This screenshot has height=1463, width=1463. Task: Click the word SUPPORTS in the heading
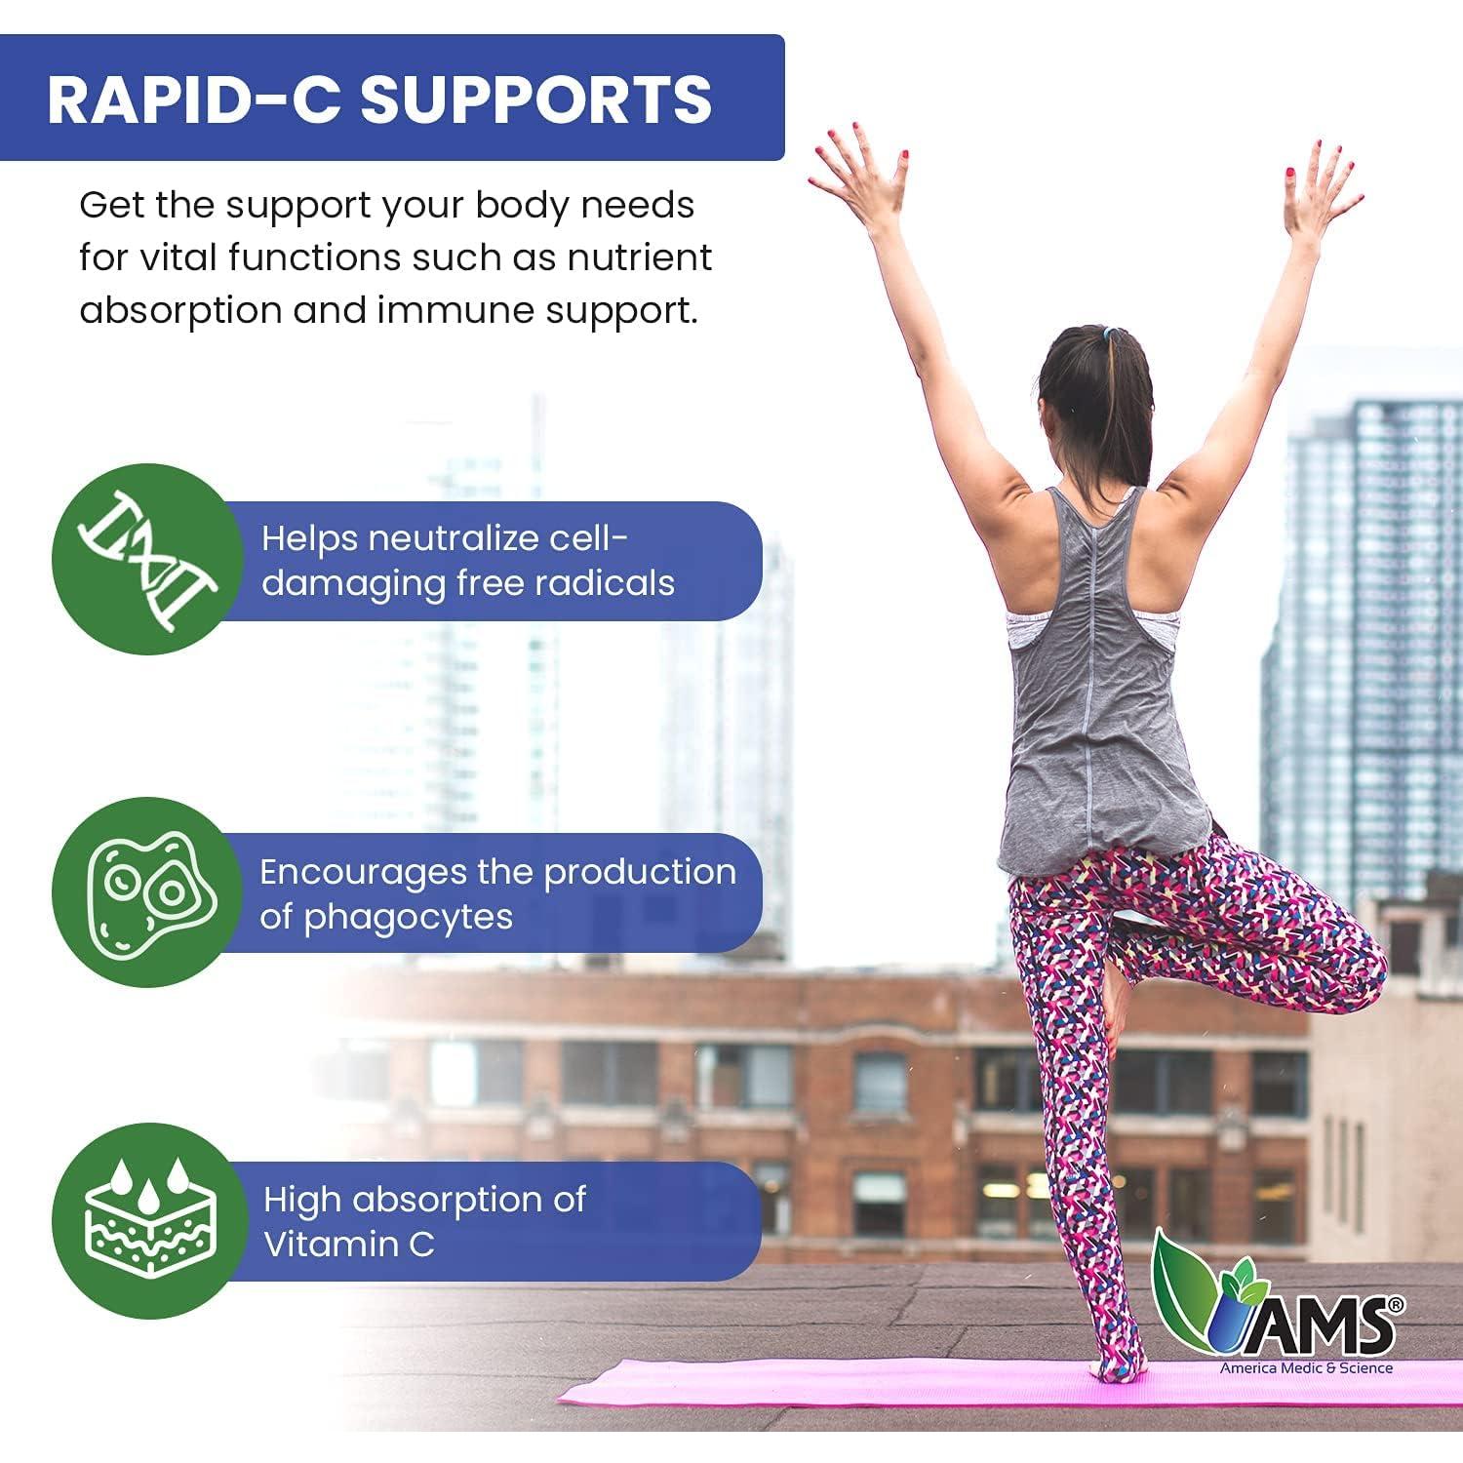pos(537,99)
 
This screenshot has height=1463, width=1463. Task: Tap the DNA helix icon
pos(148,560)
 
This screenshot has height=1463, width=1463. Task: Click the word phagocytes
pos(409,919)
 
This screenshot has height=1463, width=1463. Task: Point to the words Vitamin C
pos(348,1246)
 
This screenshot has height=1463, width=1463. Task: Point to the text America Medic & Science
pos(1306,1368)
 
